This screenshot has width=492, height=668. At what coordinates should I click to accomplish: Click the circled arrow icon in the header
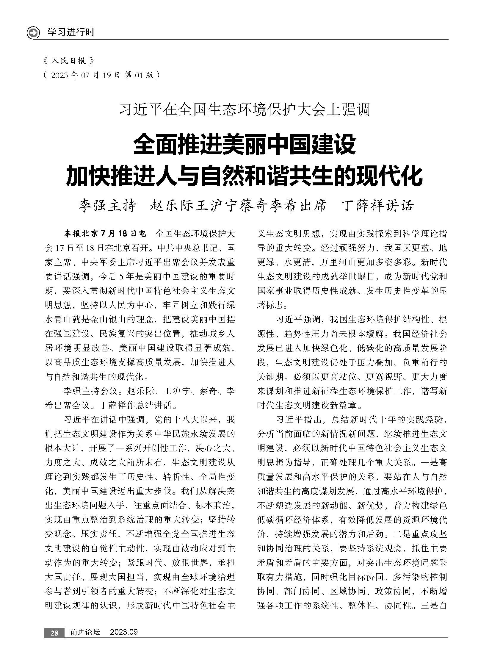(x=33, y=32)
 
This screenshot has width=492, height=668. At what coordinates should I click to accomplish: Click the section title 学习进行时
(x=71, y=32)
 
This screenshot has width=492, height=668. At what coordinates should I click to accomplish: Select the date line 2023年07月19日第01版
(x=101, y=75)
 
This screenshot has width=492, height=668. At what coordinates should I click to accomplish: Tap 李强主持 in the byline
(x=107, y=206)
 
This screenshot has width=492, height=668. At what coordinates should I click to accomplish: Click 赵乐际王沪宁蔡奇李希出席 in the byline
(x=238, y=206)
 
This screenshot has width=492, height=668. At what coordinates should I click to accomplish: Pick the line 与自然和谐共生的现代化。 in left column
(x=97, y=377)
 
